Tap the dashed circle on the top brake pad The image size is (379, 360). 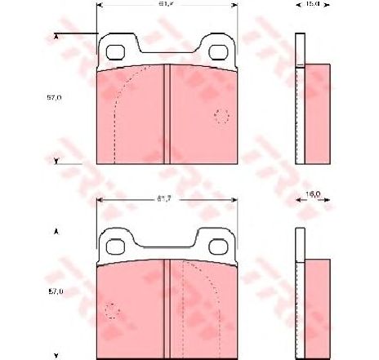click(220, 115)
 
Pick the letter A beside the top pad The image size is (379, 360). click(56, 37)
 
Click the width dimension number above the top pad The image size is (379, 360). click(166, 5)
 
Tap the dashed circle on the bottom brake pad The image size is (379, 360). click(113, 312)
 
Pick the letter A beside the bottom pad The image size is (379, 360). click(56, 232)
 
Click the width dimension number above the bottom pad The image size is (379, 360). click(166, 198)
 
